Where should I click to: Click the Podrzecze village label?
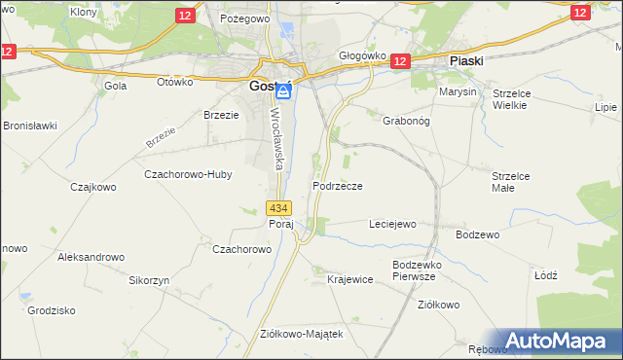pyautogui.click(x=339, y=186)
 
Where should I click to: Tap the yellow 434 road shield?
pyautogui.click(x=278, y=207)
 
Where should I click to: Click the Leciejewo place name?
pyautogui.click(x=392, y=224)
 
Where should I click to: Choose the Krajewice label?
pyautogui.click(x=350, y=279)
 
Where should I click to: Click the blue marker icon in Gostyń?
pyautogui.click(x=283, y=91)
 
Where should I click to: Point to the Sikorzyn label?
pyautogui.click(x=149, y=279)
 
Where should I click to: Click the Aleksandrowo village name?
pyautogui.click(x=92, y=257)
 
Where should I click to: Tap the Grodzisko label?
pyautogui.click(x=52, y=311)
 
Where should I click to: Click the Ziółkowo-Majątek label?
pyautogui.click(x=302, y=333)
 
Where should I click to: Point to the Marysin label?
pyautogui.click(x=458, y=91)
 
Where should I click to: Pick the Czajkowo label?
pyautogui.click(x=92, y=186)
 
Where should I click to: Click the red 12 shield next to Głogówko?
pyautogui.click(x=401, y=61)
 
